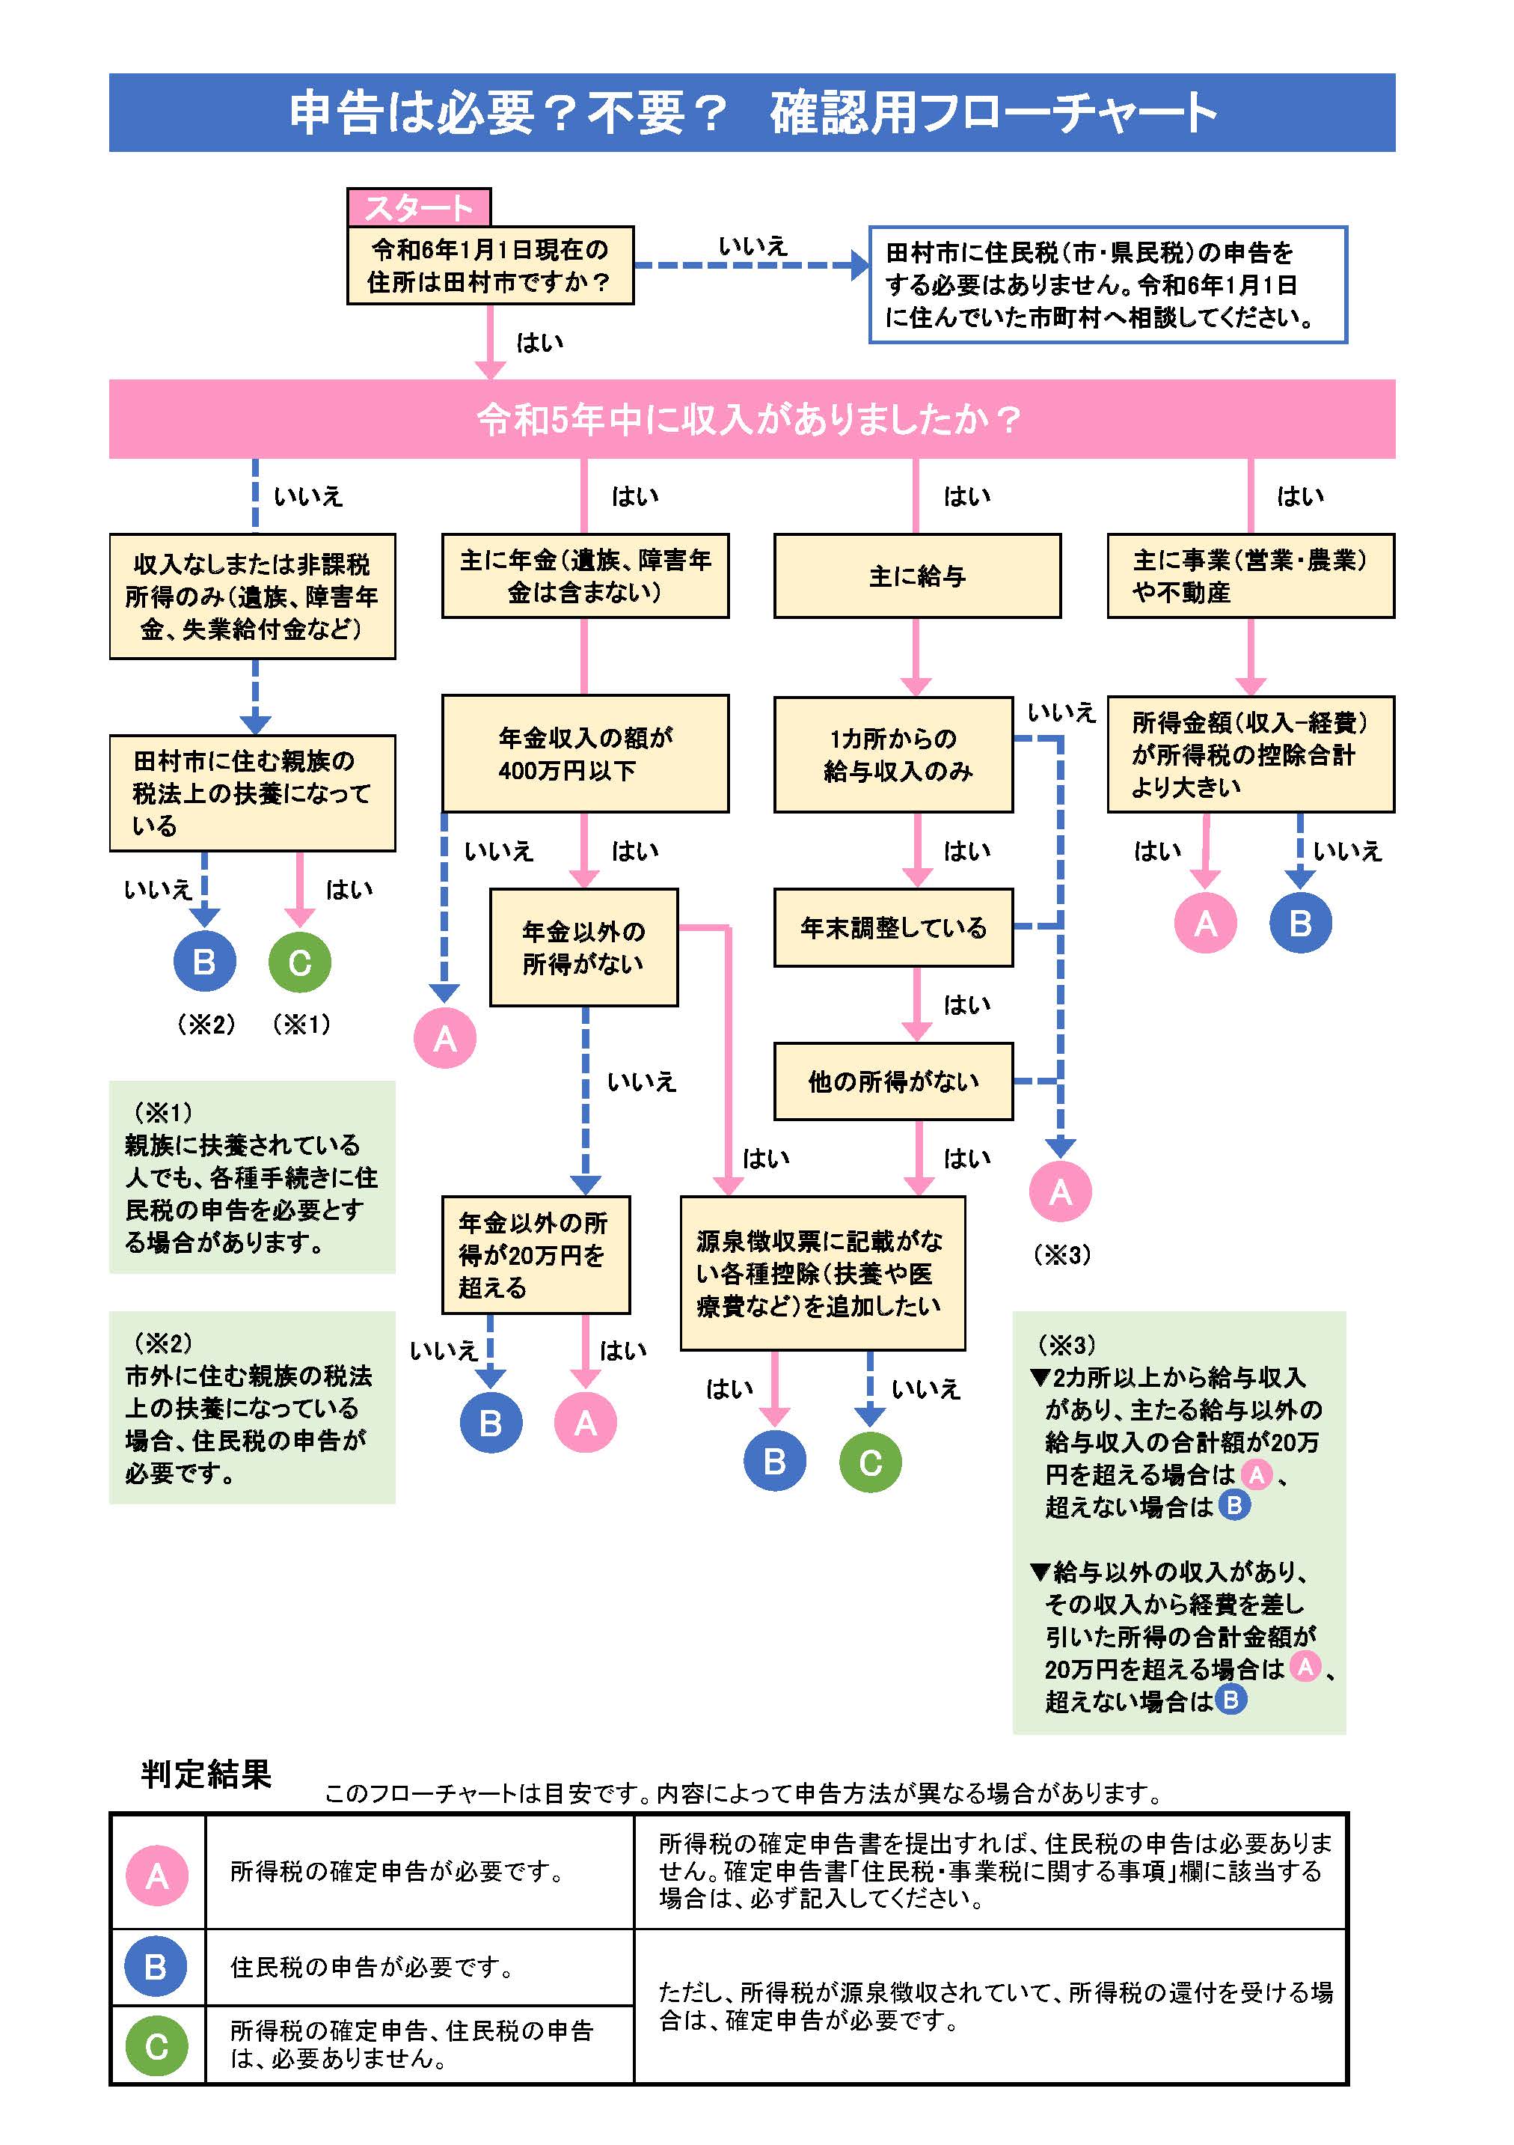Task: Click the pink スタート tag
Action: coord(417,207)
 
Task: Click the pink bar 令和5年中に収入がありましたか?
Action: coord(751,418)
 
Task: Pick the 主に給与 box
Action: coord(916,576)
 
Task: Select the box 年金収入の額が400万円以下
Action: coord(585,753)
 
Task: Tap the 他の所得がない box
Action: coord(893,1081)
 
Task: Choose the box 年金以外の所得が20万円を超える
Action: coord(535,1254)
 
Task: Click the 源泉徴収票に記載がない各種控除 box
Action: coord(822,1272)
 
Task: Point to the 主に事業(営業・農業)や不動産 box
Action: coord(1250,576)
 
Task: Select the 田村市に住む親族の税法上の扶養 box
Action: coord(252,793)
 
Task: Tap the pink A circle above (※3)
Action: coord(1059,1192)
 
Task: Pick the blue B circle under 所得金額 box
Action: coord(1299,923)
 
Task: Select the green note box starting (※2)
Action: coord(252,1407)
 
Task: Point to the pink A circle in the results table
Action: coord(157,1874)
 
